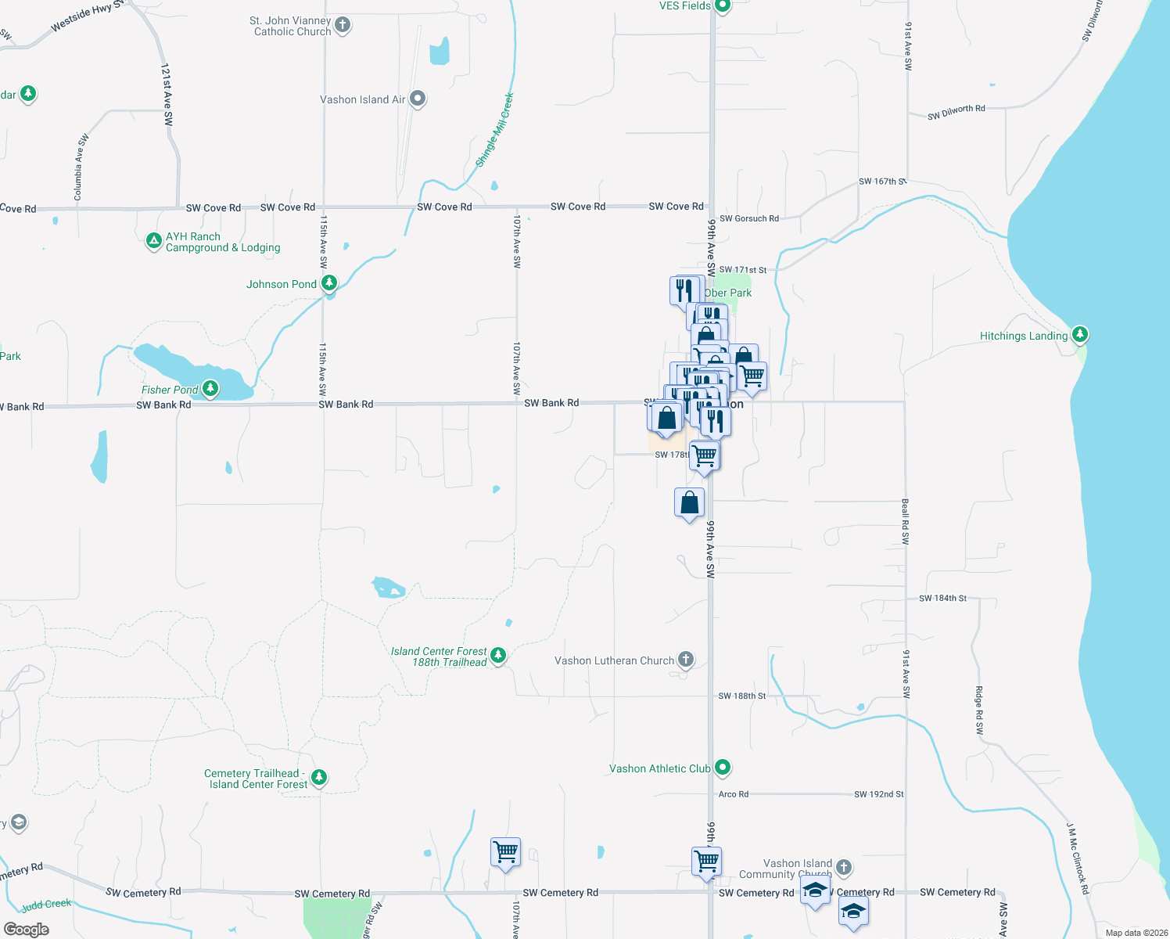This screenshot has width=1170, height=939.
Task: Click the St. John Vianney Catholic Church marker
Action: click(x=343, y=25)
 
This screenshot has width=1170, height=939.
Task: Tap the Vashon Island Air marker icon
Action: click(x=418, y=99)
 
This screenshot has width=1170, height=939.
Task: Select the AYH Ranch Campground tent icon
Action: click(x=154, y=241)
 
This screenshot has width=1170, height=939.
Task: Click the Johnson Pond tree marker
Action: click(x=329, y=282)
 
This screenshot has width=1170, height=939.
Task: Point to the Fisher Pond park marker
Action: click(x=210, y=388)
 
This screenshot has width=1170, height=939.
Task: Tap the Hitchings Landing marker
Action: click(x=1079, y=335)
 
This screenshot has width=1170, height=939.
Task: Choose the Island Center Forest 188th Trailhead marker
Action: click(x=498, y=656)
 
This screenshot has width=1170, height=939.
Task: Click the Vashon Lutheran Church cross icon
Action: click(x=686, y=660)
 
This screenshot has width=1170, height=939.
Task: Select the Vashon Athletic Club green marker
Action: click(x=723, y=768)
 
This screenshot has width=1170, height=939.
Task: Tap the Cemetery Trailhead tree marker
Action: click(x=318, y=777)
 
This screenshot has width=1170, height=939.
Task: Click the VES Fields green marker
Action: click(x=723, y=6)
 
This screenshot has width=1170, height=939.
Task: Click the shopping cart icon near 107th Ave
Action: click(x=506, y=852)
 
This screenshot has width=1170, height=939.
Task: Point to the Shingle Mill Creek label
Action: click(x=495, y=130)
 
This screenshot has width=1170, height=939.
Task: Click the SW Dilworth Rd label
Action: click(x=956, y=113)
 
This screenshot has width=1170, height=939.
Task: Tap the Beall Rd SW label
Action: click(x=906, y=521)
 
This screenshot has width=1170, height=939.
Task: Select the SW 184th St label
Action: click(x=942, y=599)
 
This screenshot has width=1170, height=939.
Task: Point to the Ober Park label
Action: click(x=728, y=293)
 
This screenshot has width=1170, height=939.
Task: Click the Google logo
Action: click(x=27, y=929)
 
